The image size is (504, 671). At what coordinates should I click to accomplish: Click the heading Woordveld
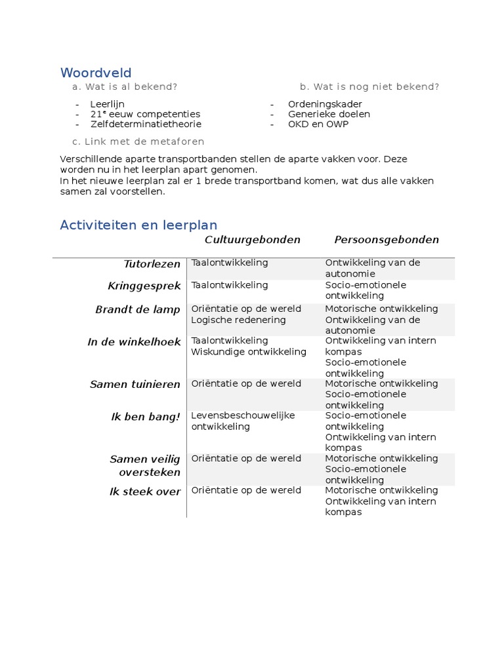click(x=96, y=73)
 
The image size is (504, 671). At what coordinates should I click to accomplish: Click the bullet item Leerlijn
click(x=107, y=104)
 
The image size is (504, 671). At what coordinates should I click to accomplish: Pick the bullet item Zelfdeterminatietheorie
click(x=146, y=124)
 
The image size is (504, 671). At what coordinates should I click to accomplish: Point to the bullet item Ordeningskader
click(x=325, y=104)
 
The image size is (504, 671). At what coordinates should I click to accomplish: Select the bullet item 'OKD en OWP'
click(x=318, y=124)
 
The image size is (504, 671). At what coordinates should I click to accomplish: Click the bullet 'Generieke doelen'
click(x=329, y=114)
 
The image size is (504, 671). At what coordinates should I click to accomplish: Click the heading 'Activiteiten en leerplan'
click(x=138, y=225)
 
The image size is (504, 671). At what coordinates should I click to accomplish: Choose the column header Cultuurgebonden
click(x=252, y=240)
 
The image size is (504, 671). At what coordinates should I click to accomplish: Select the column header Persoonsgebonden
click(x=387, y=240)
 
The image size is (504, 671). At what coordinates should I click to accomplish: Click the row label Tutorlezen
click(x=152, y=264)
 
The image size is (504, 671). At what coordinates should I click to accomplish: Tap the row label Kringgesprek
click(x=144, y=286)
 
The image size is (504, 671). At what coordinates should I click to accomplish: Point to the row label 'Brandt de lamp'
click(x=137, y=310)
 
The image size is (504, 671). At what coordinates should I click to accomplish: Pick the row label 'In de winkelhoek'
click(x=134, y=342)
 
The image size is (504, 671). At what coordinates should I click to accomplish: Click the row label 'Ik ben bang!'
click(x=146, y=417)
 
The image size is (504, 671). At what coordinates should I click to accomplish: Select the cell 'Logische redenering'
click(x=238, y=320)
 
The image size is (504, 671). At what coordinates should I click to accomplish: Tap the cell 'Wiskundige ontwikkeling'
click(x=249, y=352)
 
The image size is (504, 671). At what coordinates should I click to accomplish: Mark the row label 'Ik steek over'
click(x=144, y=491)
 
